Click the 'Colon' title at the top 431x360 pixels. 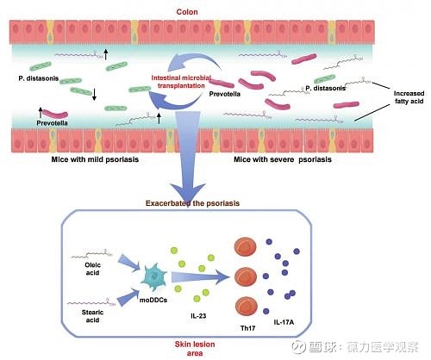click(x=187, y=12)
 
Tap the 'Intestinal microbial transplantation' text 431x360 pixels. click(x=181, y=82)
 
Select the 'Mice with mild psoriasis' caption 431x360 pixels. click(x=95, y=159)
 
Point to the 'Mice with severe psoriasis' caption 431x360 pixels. click(x=283, y=159)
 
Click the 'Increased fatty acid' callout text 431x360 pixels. click(x=409, y=97)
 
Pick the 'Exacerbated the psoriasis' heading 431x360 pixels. click(x=192, y=203)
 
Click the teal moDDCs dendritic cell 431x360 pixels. click(x=153, y=277)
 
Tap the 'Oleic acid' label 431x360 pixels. click(x=92, y=269)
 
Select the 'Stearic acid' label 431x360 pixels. click(x=92, y=316)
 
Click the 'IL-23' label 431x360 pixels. click(x=198, y=316)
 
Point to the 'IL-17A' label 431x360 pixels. click(x=284, y=322)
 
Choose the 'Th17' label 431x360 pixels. click(x=247, y=328)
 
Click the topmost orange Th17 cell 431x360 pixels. click(x=246, y=246)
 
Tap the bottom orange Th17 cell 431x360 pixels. click(x=246, y=307)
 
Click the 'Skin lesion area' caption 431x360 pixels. click(x=195, y=349)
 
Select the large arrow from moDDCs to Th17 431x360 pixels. click(x=201, y=277)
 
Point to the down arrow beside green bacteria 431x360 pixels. click(x=94, y=95)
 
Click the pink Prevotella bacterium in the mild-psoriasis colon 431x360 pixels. click(x=55, y=114)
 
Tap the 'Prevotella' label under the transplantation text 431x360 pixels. click(x=225, y=94)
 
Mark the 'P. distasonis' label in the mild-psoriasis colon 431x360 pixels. click(x=39, y=78)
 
